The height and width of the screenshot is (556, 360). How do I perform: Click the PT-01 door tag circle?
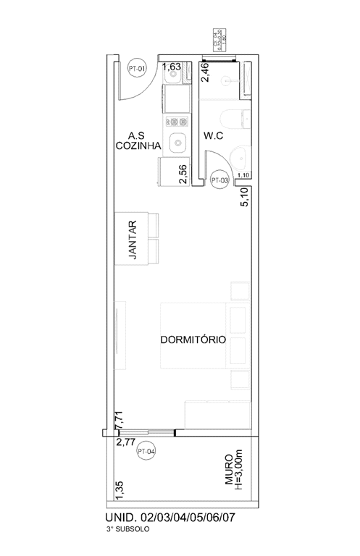(137, 69)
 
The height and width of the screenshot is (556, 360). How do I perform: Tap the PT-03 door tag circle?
(219, 179)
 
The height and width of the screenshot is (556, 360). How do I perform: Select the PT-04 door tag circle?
(147, 452)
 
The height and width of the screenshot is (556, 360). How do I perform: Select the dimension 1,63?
(172, 67)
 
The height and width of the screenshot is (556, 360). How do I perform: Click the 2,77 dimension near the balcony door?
(126, 439)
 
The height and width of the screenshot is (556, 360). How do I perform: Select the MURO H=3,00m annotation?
(235, 473)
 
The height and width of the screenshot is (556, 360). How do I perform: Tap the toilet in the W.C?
(236, 122)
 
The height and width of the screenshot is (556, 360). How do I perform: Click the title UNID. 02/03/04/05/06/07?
(170, 518)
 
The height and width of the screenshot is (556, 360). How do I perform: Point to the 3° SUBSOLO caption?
(127, 531)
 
